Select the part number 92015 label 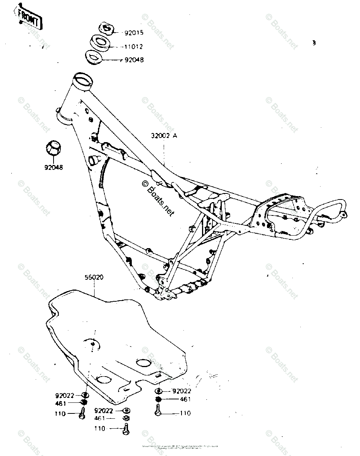click(134, 33)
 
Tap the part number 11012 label click(134, 47)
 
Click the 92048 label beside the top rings click(134, 60)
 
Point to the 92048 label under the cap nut click(54, 167)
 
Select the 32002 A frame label click(164, 135)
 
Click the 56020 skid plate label click(94, 277)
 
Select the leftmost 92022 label click(65, 395)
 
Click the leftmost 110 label click(60, 413)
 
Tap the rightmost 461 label click(186, 399)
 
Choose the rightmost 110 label click(186, 413)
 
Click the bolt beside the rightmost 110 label click(158, 410)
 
